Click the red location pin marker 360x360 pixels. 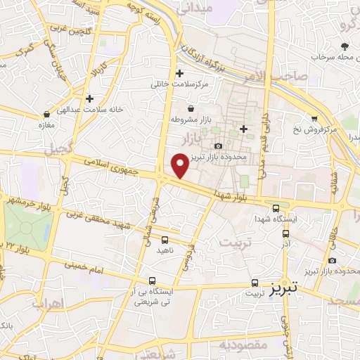click(x=181, y=165)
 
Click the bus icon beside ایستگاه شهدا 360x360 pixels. click(x=276, y=208)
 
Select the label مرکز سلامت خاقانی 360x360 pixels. click(x=180, y=84)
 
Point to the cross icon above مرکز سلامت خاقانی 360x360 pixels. click(x=180, y=72)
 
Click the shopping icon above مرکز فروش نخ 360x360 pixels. click(x=314, y=118)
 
